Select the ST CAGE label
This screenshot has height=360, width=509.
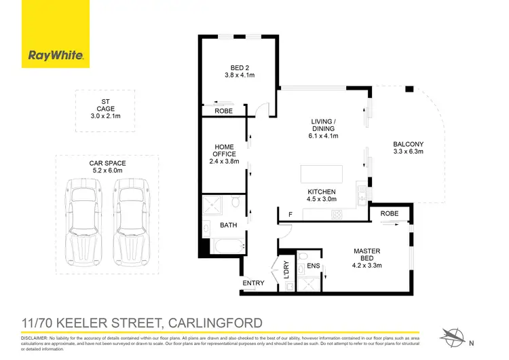tap(105, 109)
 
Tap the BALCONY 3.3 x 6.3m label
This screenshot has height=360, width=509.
tap(408, 147)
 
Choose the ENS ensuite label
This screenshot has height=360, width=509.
tap(314, 266)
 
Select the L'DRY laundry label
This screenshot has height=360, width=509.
tap(286, 269)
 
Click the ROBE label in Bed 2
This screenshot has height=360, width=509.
tap(223, 111)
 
